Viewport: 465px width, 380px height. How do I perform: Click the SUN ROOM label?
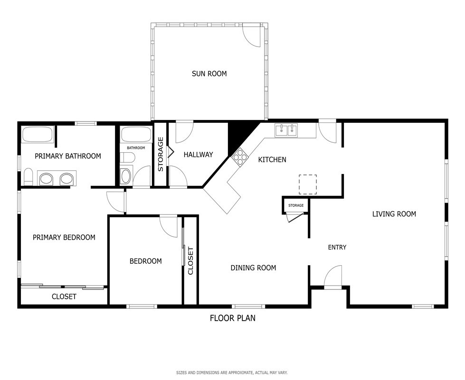click(209, 74)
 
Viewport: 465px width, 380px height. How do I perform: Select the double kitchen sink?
click(286, 130)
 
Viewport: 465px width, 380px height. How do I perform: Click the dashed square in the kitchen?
click(307, 185)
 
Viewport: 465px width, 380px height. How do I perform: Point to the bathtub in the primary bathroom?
click(38, 134)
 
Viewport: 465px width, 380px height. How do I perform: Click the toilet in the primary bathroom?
click(28, 176)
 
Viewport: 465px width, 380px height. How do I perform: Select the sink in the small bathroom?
click(126, 176)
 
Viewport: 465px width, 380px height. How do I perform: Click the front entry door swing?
click(333, 276)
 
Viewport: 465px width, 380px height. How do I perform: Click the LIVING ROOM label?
click(394, 214)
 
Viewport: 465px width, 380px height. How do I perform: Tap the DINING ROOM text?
click(253, 268)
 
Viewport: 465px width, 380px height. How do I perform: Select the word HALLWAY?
click(198, 155)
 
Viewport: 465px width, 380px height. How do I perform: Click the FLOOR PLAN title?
click(233, 318)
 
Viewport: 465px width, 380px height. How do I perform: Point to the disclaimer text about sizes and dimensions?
click(232, 372)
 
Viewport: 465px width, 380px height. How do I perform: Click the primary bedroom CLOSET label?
click(64, 297)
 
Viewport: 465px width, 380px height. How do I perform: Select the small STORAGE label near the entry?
click(296, 205)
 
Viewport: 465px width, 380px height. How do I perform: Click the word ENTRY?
click(337, 247)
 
